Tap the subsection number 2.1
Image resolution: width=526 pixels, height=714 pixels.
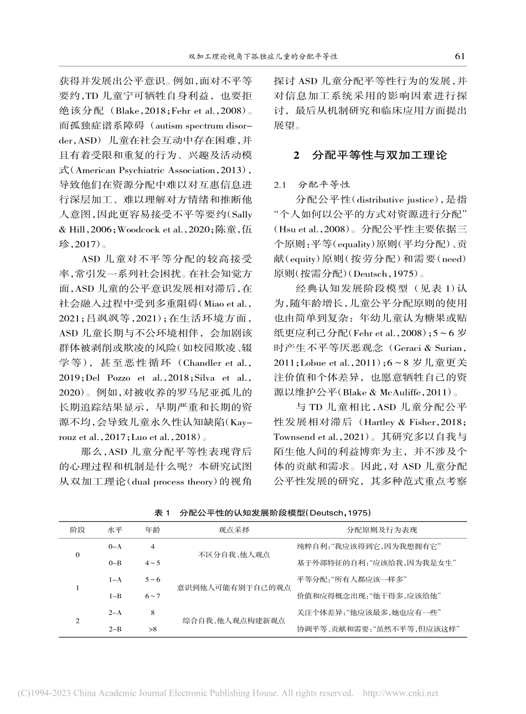click(x=283, y=184)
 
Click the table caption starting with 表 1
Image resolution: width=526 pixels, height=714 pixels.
click(x=262, y=513)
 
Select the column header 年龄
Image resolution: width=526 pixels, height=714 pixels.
click(x=152, y=530)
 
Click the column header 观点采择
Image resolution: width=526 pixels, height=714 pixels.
click(x=234, y=530)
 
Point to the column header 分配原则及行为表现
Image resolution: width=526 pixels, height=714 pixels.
click(x=381, y=530)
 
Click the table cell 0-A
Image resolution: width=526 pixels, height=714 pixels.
click(x=115, y=546)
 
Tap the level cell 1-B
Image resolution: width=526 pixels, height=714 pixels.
click(x=115, y=596)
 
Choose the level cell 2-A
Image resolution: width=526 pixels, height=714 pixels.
click(x=115, y=612)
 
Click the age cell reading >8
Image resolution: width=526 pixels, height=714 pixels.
click(x=152, y=629)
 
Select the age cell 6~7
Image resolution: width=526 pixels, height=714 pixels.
click(x=152, y=596)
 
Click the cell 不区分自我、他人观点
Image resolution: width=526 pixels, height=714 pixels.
click(x=234, y=555)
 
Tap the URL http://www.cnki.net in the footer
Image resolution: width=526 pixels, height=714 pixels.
click(x=400, y=693)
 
